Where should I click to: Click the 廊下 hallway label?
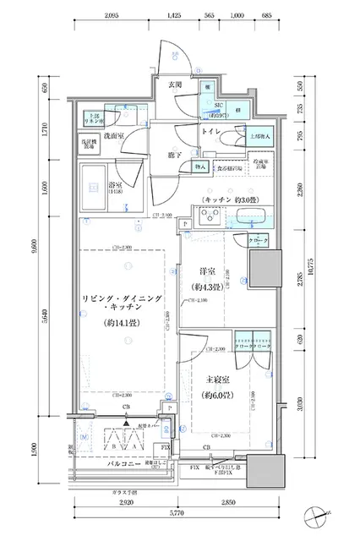click(175, 156)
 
